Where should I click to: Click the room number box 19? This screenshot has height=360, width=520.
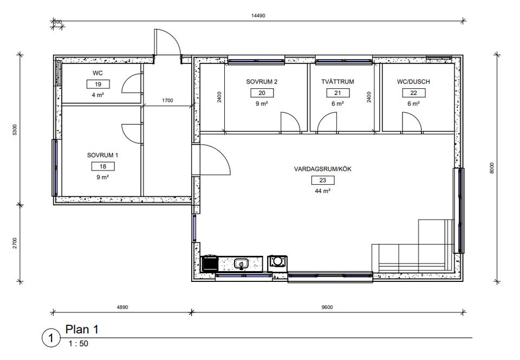tap(98, 84)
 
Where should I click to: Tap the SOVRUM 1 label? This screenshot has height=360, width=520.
tap(102, 155)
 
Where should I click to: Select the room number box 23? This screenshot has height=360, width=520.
tap(323, 180)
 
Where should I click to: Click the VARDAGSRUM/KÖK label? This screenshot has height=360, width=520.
tap(323, 169)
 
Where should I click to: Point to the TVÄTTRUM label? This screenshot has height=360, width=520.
tap(337, 81)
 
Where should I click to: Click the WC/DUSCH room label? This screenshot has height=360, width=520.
tap(413, 81)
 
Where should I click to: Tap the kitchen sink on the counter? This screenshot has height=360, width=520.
tap(241, 264)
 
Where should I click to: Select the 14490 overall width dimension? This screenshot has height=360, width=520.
tap(258, 16)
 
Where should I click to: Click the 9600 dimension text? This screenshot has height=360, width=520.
tap(327, 307)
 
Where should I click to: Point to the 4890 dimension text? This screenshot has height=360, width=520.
tap(122, 307)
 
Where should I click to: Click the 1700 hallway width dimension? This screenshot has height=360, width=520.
tap(167, 100)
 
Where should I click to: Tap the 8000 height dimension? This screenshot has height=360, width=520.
tap(492, 168)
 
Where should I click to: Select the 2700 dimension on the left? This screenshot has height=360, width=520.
tap(15, 243)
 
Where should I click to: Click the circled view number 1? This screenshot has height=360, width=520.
tap(51, 338)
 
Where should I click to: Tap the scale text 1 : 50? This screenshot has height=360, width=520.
tap(78, 343)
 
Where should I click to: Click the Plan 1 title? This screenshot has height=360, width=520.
tap(82, 330)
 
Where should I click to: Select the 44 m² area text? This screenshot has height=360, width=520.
tap(322, 191)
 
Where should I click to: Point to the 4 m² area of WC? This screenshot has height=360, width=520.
tap(98, 95)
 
